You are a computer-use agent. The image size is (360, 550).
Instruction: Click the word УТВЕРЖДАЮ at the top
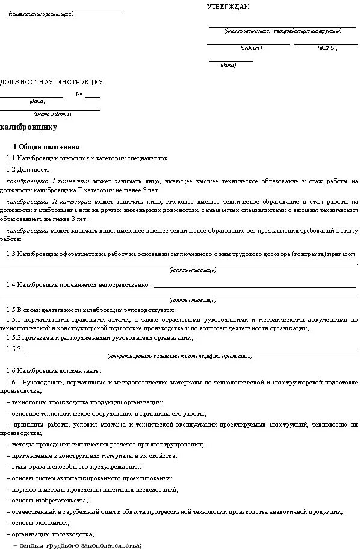pos(229,7)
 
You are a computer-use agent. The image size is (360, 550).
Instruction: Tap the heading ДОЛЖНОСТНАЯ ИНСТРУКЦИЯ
pos(52,82)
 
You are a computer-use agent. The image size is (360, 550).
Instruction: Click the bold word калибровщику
pos(29,127)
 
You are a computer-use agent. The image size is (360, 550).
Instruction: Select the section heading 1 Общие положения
pos(46,147)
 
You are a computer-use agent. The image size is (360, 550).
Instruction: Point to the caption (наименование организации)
pos(41,13)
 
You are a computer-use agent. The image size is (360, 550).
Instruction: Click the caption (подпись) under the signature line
pos(250,48)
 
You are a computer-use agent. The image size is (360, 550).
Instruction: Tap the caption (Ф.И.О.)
pos(327,48)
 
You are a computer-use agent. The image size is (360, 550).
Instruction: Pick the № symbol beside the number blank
pos(79,94)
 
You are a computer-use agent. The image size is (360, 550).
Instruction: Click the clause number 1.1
pos(11,158)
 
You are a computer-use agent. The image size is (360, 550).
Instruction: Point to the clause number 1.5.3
pos(14,349)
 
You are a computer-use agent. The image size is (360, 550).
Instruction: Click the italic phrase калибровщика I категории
pos(48,181)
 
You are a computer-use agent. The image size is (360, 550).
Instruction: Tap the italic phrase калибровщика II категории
pos(49,201)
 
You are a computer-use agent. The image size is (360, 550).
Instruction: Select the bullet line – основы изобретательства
pos(48,500)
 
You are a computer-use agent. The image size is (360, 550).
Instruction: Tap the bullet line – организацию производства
pos(50,534)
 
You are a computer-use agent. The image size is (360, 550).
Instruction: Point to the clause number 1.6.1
pos(14,383)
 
